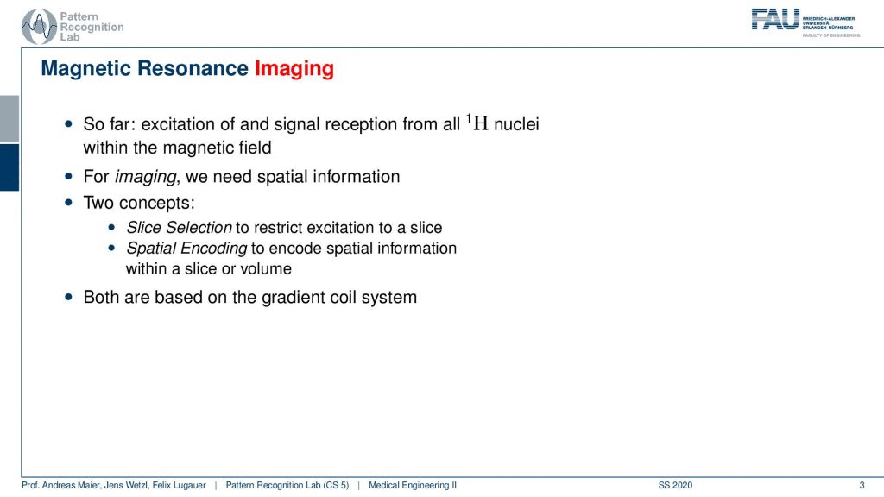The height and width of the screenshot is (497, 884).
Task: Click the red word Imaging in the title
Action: tap(294, 69)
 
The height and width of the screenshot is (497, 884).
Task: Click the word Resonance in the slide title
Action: tap(193, 68)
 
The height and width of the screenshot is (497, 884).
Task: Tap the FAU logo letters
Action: tap(775, 20)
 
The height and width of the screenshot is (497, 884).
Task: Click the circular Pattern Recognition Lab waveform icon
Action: tap(38, 27)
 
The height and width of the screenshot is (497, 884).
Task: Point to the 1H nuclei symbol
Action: tap(477, 123)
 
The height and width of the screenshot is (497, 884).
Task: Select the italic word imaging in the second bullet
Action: tap(145, 177)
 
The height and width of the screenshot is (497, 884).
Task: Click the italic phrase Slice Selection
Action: tap(179, 228)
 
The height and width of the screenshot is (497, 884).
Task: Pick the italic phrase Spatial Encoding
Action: tap(186, 248)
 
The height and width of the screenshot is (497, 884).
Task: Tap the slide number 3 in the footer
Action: tap(862, 485)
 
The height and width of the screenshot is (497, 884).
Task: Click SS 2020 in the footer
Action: tap(675, 485)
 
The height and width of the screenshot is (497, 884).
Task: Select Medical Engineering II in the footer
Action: tap(413, 485)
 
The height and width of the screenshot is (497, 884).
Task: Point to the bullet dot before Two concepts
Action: tap(69, 202)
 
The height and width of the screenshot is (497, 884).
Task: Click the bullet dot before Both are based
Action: tap(69, 297)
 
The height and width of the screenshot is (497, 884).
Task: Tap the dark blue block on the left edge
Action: tap(9, 167)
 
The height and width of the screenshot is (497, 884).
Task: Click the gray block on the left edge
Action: tap(9, 119)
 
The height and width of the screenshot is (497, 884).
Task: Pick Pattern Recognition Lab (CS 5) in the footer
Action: tap(287, 485)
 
